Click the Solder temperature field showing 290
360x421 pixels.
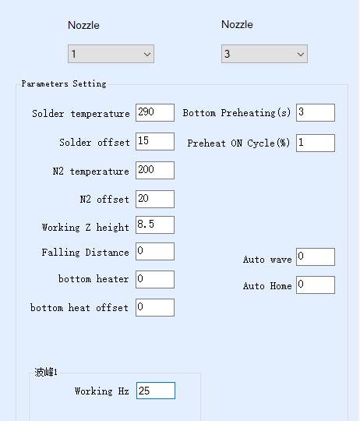pos(155,112)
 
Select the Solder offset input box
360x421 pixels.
pos(155,141)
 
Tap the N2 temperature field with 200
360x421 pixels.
pos(155,170)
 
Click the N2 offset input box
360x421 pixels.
pos(155,199)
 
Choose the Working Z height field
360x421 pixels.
pos(155,225)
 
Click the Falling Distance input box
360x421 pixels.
pos(155,251)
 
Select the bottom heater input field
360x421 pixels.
pos(155,279)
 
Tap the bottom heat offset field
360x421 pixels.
pos(155,307)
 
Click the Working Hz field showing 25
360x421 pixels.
pos(156,391)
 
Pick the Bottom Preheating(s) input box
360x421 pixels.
pos(316,112)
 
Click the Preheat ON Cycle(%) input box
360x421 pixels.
pos(316,143)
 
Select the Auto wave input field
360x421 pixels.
pos(316,257)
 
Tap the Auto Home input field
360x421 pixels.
pos(316,285)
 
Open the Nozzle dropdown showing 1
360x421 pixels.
pos(111,54)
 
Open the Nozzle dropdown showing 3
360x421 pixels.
pos(264,54)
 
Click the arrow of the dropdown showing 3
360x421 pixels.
pos(301,55)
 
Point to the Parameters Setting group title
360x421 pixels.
pos(64,83)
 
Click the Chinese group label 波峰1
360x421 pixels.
pos(46,372)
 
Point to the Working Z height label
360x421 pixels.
pos(85,227)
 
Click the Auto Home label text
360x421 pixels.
pos(267,286)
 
